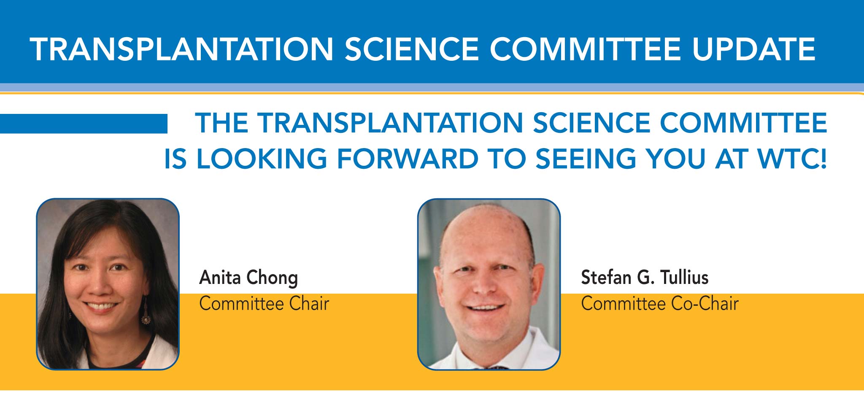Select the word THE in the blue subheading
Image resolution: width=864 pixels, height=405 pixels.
(x=221, y=123)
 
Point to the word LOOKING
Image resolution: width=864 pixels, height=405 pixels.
(x=262, y=159)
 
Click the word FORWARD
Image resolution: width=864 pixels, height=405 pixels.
(x=408, y=159)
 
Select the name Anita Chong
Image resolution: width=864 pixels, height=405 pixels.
(x=248, y=278)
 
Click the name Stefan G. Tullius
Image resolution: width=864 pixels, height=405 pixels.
(x=645, y=278)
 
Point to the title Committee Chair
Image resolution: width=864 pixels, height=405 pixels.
(x=264, y=304)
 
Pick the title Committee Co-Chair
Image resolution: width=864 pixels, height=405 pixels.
(x=660, y=304)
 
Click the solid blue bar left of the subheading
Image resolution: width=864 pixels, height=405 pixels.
(x=84, y=124)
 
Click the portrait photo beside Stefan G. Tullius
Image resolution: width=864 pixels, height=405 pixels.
(x=489, y=284)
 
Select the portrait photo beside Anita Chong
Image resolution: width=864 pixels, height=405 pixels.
(x=108, y=284)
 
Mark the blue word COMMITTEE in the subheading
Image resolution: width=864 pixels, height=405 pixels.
(x=743, y=123)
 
